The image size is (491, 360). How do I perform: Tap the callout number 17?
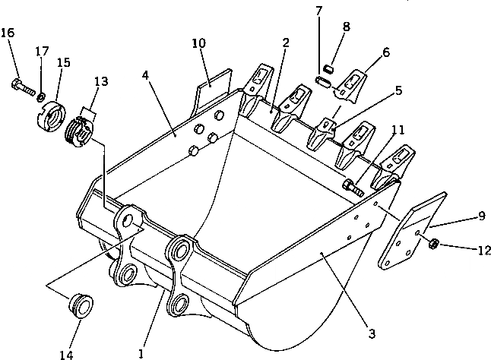tap(43, 51)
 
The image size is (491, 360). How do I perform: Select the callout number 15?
tap(63, 63)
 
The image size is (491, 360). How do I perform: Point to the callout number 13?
tap(101, 82)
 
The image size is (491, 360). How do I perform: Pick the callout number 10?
tap(198, 43)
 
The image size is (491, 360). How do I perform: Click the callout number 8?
tap(347, 27)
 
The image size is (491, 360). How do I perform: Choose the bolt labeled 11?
tap(350, 185)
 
